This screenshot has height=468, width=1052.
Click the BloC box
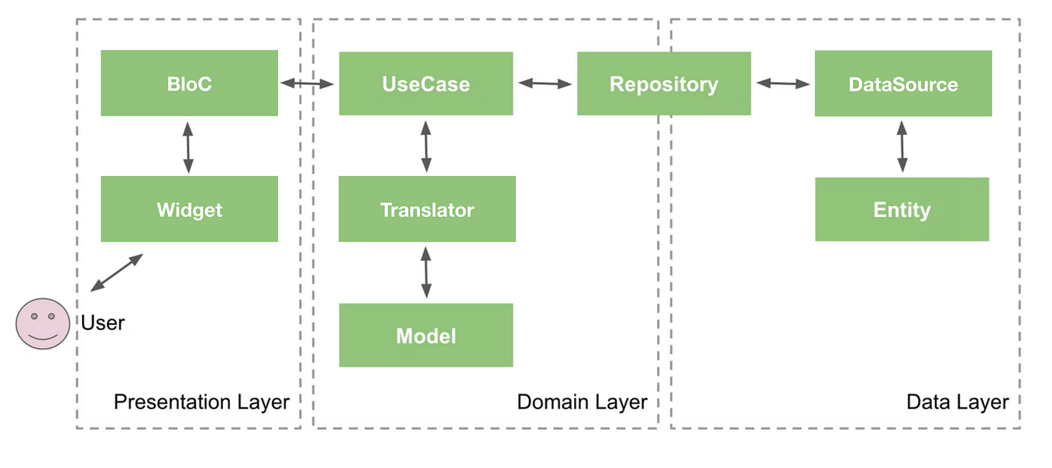(189, 84)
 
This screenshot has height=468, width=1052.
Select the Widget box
(189, 209)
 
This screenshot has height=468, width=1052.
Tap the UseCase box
(425, 84)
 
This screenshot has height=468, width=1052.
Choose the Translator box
(427, 209)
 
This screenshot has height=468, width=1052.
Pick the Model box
(425, 336)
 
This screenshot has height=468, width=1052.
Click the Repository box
(664, 84)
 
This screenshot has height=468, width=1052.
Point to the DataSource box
(903, 84)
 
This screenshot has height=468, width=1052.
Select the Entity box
(902, 209)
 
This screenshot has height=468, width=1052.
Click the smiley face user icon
(43, 323)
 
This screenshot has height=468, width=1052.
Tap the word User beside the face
(103, 322)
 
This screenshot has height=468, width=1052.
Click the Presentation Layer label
(201, 402)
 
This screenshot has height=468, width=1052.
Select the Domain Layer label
(582, 402)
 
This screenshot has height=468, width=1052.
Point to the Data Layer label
(957, 402)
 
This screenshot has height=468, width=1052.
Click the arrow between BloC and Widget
(188, 146)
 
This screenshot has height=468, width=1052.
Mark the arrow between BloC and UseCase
(308, 83)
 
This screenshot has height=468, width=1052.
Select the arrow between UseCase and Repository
(545, 83)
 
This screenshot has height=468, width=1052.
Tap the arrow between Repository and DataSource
(782, 83)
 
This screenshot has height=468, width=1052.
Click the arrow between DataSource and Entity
(902, 146)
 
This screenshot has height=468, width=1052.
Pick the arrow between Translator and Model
(425, 272)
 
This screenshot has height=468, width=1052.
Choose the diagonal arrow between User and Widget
(117, 272)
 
